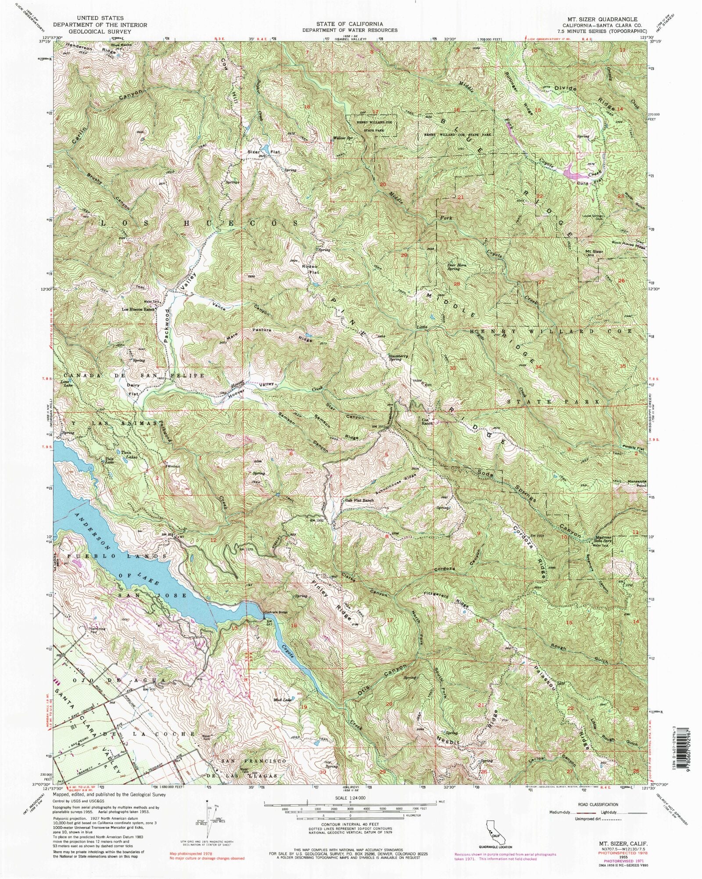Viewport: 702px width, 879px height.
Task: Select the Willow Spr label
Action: [343, 138]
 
